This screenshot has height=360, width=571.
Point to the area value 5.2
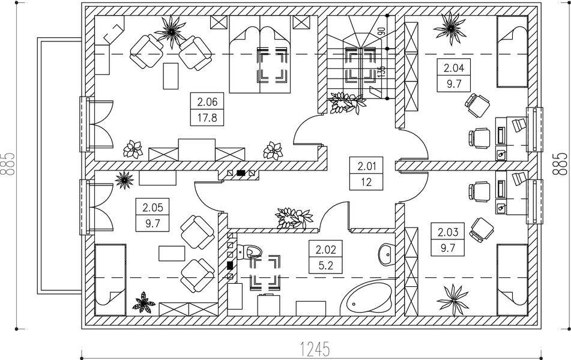click(x=318, y=263)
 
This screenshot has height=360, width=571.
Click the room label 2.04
click(x=453, y=68)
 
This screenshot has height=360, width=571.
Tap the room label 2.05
click(x=153, y=208)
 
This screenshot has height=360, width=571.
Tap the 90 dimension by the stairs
click(x=381, y=32)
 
